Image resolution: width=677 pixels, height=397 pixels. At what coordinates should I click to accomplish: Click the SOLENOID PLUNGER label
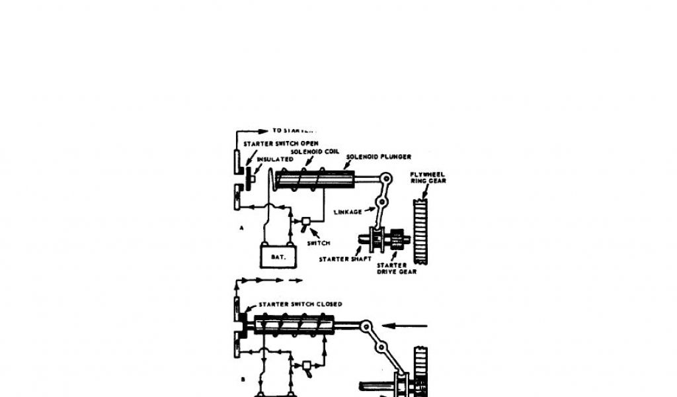(x=379, y=157)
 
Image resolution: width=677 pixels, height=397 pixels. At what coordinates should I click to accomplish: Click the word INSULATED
(x=276, y=159)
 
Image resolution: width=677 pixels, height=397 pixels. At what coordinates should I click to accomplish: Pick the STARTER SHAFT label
(x=342, y=259)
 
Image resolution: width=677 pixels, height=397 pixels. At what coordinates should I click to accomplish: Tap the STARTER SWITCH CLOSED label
(x=300, y=304)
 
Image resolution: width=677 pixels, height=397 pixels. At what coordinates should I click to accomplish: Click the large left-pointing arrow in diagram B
(x=406, y=325)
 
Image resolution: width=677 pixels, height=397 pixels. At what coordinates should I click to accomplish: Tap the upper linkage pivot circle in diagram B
(x=366, y=326)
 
